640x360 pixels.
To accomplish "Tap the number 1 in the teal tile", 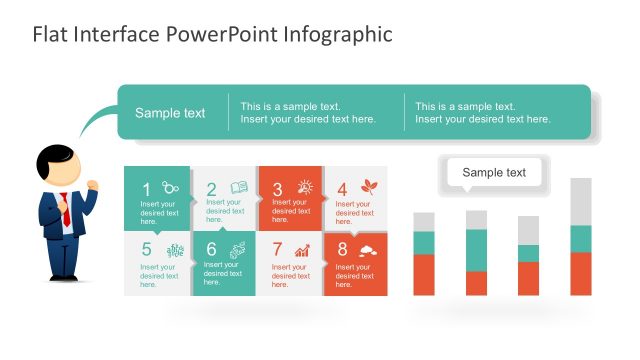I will [146, 188].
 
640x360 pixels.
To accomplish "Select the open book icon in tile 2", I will [239, 187].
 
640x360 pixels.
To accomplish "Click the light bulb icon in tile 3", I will [305, 187].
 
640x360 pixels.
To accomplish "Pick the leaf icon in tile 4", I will [369, 187].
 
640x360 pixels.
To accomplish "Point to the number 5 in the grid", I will [146, 249].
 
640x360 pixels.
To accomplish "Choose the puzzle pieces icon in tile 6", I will [239, 250].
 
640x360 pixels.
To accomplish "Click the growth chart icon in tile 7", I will [302, 250].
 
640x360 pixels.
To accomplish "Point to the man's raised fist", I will [94, 185].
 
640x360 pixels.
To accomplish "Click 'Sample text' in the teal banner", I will [170, 113].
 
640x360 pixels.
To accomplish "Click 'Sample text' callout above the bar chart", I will [494, 173].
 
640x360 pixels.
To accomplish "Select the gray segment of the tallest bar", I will [581, 201].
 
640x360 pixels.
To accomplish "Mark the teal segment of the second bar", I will [476, 250].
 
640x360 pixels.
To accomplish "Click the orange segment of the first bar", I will [424, 274].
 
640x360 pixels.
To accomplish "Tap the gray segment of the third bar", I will [528, 230].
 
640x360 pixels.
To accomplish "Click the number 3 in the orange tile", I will [278, 188].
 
